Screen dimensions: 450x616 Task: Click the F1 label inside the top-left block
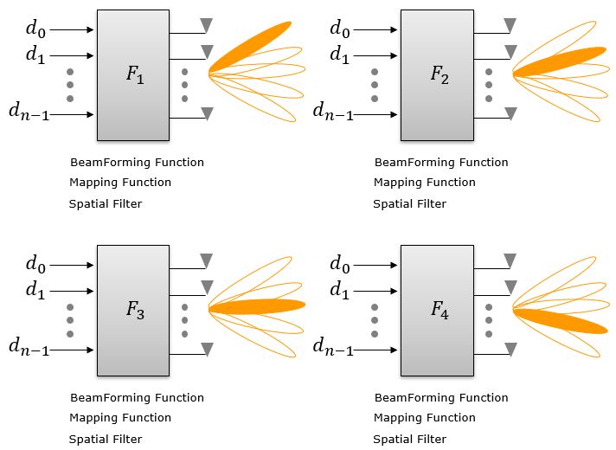pyautogui.click(x=134, y=74)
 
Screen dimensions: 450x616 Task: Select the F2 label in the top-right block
pyautogui.click(x=439, y=74)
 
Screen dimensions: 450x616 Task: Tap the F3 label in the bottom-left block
pyautogui.click(x=134, y=310)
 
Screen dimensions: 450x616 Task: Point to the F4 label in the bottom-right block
pyautogui.click(x=439, y=310)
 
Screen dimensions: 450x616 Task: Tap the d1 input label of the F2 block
pyautogui.click(x=340, y=56)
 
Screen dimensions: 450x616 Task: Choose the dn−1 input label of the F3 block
pyautogui.click(x=29, y=348)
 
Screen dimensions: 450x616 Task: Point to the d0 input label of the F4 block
pyautogui.click(x=340, y=263)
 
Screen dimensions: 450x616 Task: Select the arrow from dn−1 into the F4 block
pyautogui.click(x=377, y=350)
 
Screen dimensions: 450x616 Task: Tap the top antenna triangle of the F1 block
pyautogui.click(x=206, y=24)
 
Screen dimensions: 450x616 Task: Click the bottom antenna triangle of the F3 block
pyautogui.click(x=206, y=349)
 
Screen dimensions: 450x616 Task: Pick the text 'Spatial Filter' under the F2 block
pyautogui.click(x=410, y=204)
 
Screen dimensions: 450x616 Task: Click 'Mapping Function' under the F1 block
pyautogui.click(x=120, y=183)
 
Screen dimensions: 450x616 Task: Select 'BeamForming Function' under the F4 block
pyautogui.click(x=441, y=398)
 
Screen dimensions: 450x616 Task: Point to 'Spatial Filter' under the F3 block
pyautogui.click(x=106, y=440)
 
